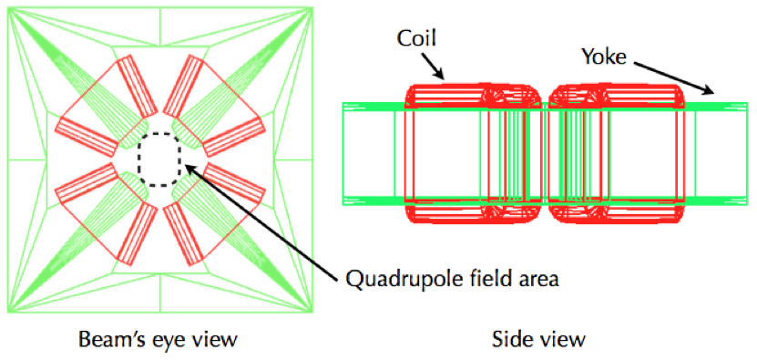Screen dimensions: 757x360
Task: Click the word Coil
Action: [x=415, y=38]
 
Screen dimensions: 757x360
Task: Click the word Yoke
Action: [x=603, y=57]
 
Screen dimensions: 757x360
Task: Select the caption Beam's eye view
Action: [x=158, y=339]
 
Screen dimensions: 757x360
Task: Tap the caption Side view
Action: [x=538, y=339]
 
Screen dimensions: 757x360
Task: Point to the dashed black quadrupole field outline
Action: [x=159, y=164]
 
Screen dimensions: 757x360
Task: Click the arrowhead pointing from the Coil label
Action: [x=438, y=73]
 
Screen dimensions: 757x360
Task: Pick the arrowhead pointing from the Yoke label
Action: [x=707, y=88]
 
